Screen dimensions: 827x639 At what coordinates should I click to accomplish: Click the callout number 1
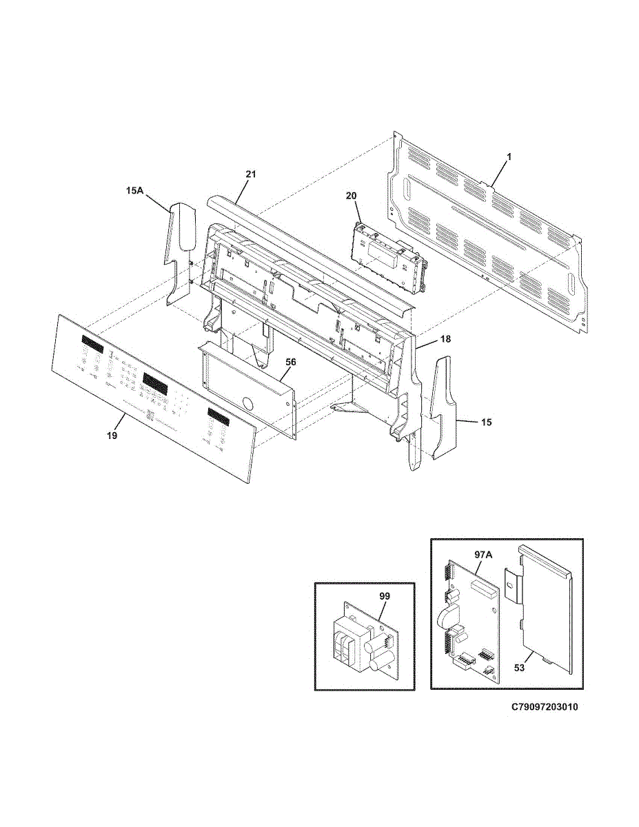pyautogui.click(x=509, y=157)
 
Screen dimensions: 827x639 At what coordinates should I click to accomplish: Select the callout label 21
pyautogui.click(x=251, y=174)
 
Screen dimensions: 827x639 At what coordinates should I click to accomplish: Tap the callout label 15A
pyautogui.click(x=134, y=191)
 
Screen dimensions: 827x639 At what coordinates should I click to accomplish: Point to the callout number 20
pyautogui.click(x=351, y=196)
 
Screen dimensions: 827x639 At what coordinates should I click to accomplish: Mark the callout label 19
pyautogui.click(x=112, y=436)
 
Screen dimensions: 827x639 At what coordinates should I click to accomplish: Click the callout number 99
pyautogui.click(x=384, y=593)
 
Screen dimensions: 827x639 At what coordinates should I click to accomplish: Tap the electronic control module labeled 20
pyautogui.click(x=386, y=258)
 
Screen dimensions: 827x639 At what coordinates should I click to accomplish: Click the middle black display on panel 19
pyautogui.click(x=156, y=380)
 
